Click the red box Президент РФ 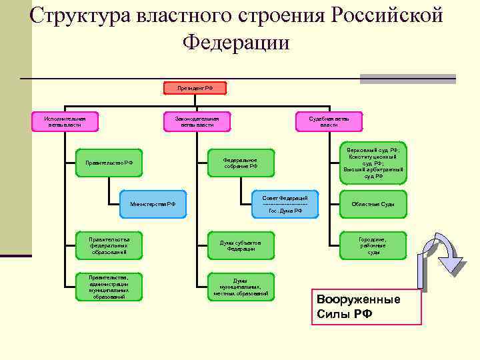click(x=195, y=88)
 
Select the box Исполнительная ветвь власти click(x=65, y=121)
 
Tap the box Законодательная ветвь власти click(x=197, y=121)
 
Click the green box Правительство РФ click(x=109, y=163)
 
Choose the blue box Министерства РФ click(x=153, y=203)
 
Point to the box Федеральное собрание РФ click(x=241, y=163)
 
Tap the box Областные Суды click(x=373, y=203)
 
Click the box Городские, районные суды click(x=373, y=245)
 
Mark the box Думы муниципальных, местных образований click(x=241, y=287)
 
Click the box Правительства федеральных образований click(x=109, y=245)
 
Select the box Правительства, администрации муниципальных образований click(x=109, y=287)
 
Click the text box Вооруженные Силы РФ click(x=366, y=307)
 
